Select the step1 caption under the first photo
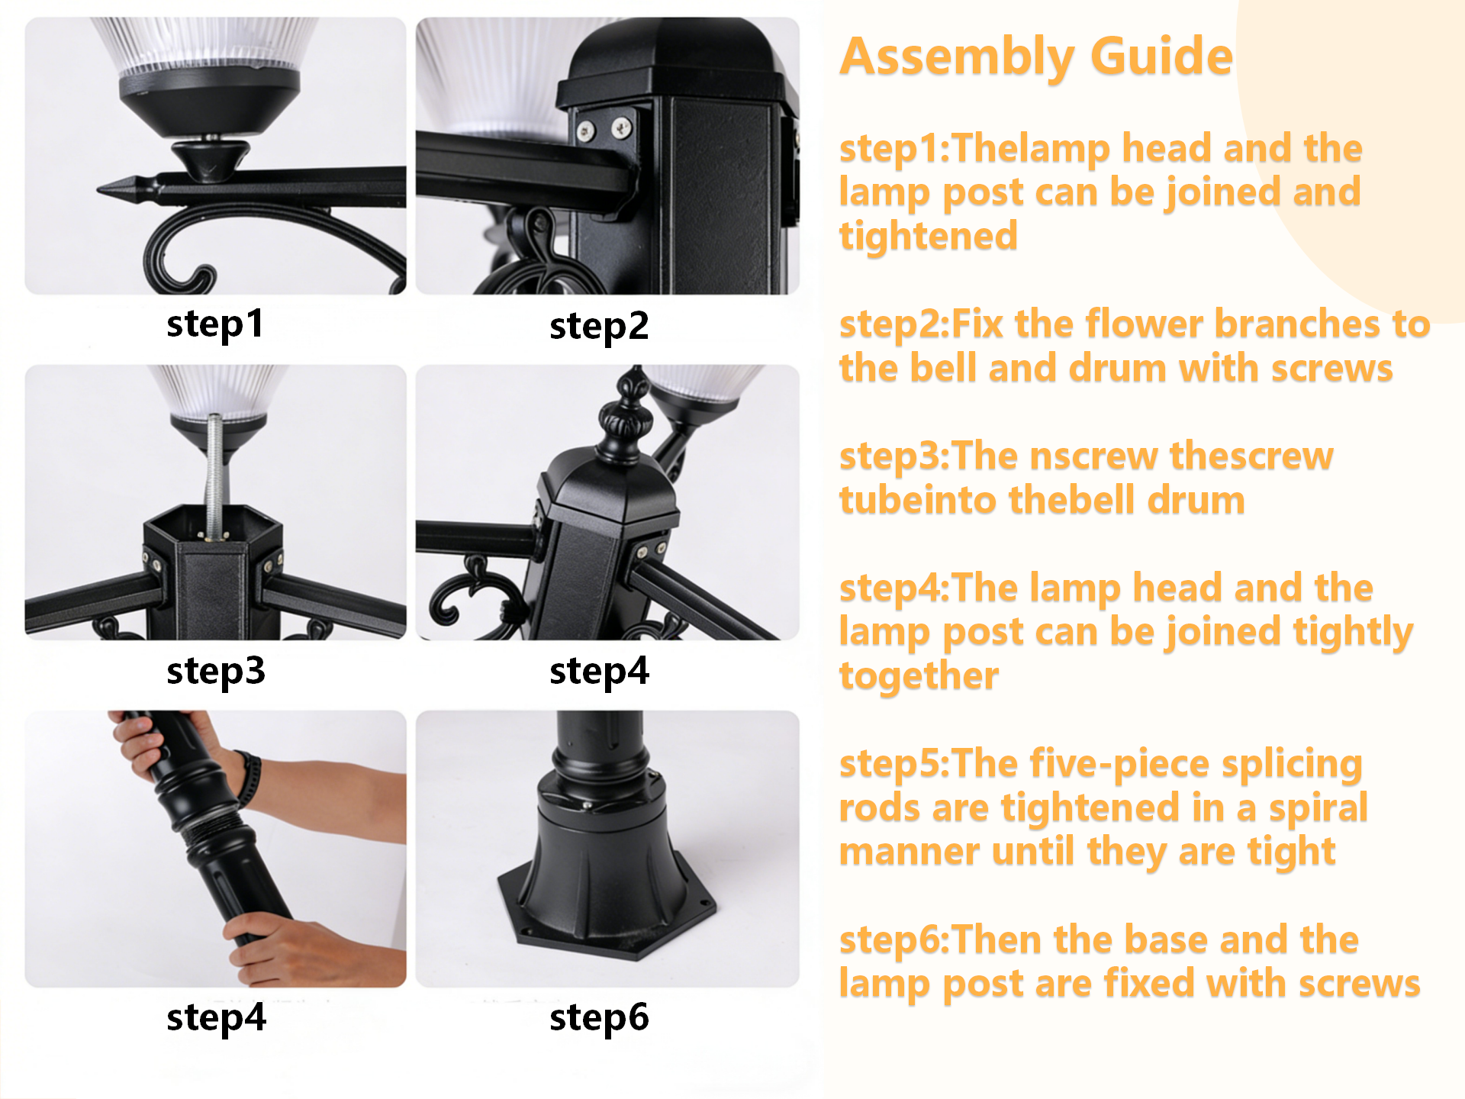pyautogui.click(x=215, y=324)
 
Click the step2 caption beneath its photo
pyautogui.click(x=599, y=327)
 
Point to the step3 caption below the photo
pyautogui.click(x=216, y=672)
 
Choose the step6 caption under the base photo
pyautogui.click(x=599, y=1018)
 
